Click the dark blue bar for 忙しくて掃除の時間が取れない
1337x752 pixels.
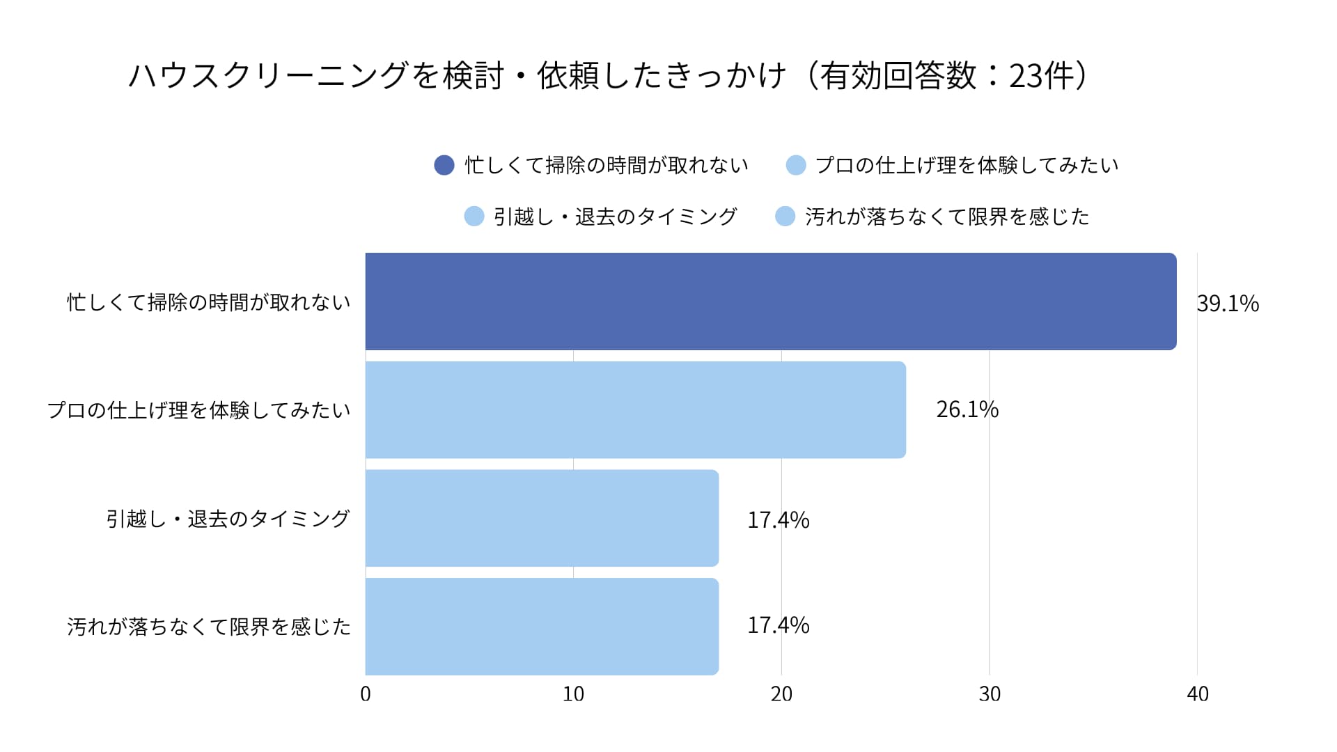click(771, 301)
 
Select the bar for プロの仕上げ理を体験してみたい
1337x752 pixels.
click(635, 409)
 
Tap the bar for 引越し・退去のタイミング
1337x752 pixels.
click(542, 518)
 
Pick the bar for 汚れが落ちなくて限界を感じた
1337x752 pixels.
click(542, 626)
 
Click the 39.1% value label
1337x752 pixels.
click(1228, 304)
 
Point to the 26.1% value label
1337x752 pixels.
click(967, 409)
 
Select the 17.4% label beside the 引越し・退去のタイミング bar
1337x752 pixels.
click(778, 520)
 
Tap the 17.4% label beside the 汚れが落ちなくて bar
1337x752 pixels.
click(778, 625)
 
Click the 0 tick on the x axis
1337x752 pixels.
click(366, 694)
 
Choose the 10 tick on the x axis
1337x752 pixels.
click(573, 694)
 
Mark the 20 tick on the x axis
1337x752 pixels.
click(781, 694)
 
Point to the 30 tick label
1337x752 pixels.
click(990, 694)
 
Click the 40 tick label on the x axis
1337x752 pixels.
click(1198, 694)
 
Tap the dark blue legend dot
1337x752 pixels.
click(444, 165)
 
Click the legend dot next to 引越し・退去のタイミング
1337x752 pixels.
click(474, 217)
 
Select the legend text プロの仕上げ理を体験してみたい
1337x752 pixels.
click(967, 165)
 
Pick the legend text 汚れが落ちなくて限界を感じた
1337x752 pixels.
click(947, 217)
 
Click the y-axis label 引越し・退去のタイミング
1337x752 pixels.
click(228, 519)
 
